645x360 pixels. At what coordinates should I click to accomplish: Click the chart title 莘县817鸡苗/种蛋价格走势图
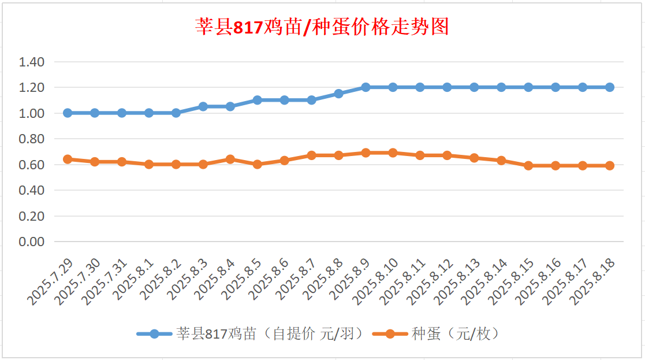click(322, 27)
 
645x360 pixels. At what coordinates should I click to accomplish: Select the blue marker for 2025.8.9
click(366, 87)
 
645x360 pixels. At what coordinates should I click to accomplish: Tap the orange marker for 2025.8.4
click(230, 159)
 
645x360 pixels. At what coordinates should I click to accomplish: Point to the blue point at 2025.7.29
click(68, 113)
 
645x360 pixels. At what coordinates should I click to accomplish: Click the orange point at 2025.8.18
click(610, 166)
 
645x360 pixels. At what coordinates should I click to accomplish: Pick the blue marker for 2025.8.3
click(203, 106)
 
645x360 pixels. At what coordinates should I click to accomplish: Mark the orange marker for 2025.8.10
click(393, 153)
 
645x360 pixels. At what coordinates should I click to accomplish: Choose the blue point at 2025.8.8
click(338, 94)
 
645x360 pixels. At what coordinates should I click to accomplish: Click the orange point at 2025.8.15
click(528, 166)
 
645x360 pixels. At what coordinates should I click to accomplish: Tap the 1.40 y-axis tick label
click(32, 62)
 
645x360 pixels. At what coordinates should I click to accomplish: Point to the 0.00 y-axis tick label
click(32, 242)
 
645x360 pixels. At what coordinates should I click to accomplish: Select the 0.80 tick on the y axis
click(32, 139)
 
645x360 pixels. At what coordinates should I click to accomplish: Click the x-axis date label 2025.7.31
click(105, 282)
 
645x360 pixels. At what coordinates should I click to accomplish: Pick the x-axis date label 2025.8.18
click(592, 282)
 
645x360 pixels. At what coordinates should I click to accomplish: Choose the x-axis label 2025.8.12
click(430, 282)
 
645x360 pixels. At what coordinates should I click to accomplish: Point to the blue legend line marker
click(154, 333)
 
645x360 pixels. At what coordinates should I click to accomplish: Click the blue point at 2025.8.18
click(610, 87)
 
